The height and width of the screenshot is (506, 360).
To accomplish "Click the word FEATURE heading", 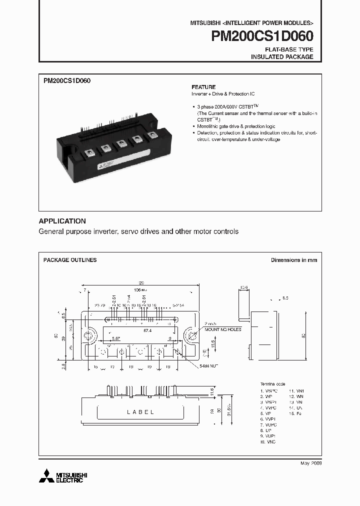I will (x=203, y=87).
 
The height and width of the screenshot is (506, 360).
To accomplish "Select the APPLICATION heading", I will (x=62, y=221).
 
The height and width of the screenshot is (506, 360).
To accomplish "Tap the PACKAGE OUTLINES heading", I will (x=70, y=260).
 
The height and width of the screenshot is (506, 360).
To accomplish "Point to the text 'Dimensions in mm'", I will (x=294, y=260).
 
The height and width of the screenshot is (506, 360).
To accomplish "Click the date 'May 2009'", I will (x=310, y=463).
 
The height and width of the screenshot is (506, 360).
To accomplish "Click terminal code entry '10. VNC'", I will (x=267, y=441).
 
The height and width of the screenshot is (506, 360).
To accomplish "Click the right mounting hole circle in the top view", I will (x=191, y=335).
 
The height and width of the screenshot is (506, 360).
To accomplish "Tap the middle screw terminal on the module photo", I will (x=121, y=144).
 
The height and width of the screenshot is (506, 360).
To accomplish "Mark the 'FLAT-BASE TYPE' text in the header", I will (x=289, y=49).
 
